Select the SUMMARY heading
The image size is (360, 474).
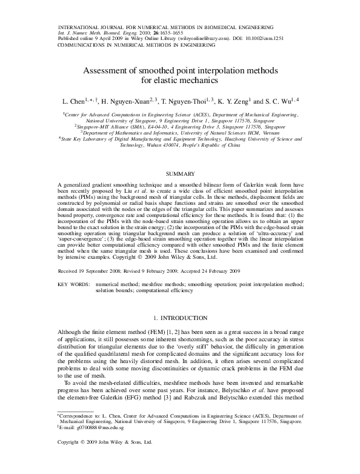(x=180, y=174)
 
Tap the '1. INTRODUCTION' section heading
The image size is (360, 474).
(x=180, y=316)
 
